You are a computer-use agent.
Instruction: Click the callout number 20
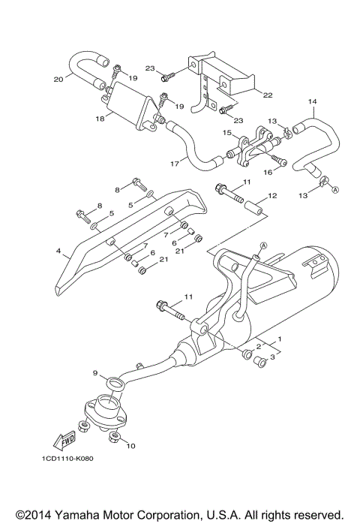tap(58, 78)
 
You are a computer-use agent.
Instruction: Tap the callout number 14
tap(313, 101)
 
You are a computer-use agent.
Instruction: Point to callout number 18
tap(99, 119)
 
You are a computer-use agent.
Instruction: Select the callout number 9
tap(94, 372)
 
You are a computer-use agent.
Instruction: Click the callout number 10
tap(131, 446)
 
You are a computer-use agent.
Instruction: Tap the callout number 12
tap(272, 196)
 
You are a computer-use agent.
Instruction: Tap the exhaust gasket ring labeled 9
tap(115, 385)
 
